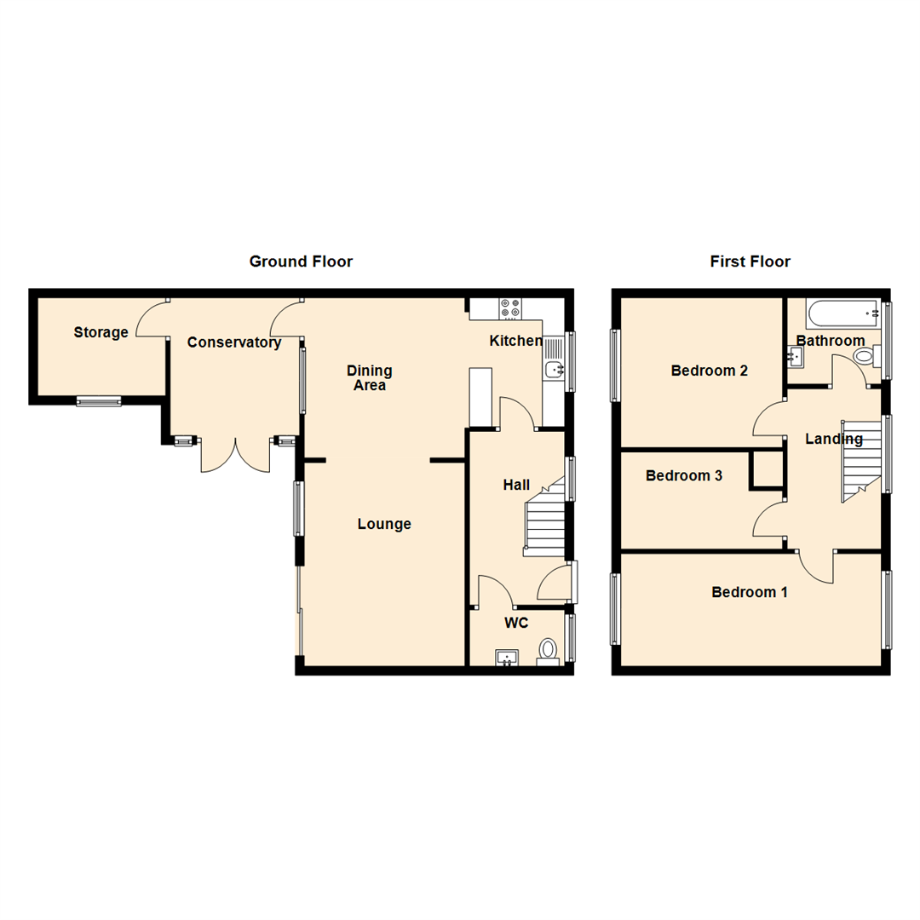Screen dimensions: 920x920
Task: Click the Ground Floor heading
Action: tap(301, 262)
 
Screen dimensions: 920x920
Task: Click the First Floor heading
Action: tap(750, 262)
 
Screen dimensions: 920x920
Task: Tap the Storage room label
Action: tap(101, 332)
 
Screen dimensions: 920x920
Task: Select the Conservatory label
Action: tap(234, 342)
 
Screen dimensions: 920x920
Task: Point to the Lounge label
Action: tap(384, 524)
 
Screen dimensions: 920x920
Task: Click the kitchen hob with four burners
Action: tap(511, 308)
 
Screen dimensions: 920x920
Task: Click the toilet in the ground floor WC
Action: tap(548, 652)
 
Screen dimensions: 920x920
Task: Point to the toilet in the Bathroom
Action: tap(864, 356)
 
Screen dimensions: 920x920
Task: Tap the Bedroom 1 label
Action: tap(750, 592)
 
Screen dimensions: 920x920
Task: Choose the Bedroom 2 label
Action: tap(710, 371)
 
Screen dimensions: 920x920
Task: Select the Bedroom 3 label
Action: tap(684, 476)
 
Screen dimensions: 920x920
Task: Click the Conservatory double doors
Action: tap(235, 455)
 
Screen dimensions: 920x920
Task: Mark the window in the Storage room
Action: tap(99, 401)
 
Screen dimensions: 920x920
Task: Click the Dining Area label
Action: tap(370, 377)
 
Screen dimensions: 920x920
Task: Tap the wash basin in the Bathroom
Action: tap(797, 357)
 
